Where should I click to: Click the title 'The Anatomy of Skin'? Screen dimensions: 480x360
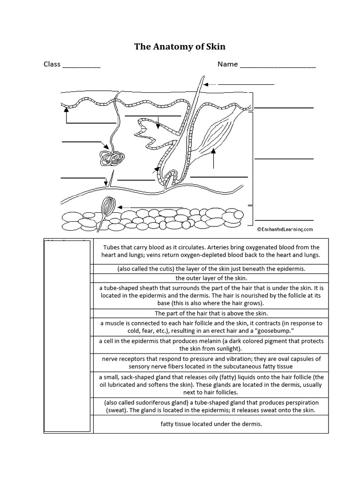[x=180, y=46]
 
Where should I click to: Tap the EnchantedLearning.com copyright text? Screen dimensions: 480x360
[x=285, y=230]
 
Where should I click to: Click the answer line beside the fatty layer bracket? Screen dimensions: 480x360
[x=284, y=220]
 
